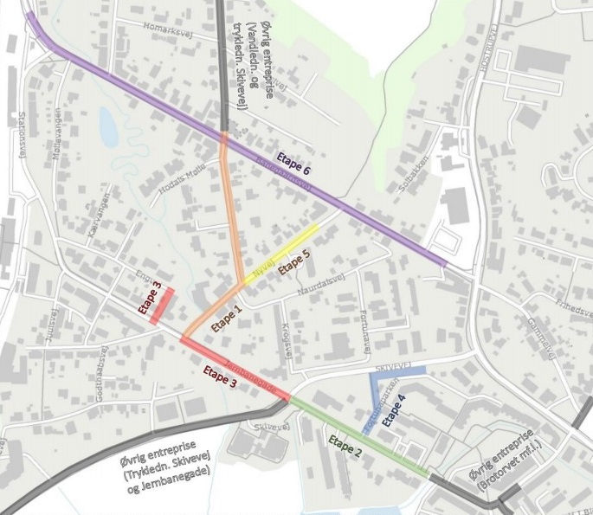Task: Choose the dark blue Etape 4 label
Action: [x=394, y=410]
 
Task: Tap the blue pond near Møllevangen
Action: [x=108, y=128]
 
